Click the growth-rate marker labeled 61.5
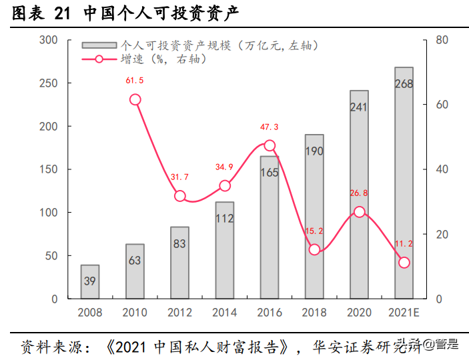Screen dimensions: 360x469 [x=135, y=99]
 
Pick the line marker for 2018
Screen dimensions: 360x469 [x=314, y=250]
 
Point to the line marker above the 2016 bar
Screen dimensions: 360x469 [x=270, y=145]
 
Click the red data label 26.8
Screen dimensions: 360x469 [x=359, y=193]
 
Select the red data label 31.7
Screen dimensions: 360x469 [x=180, y=177]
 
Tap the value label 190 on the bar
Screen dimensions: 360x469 [x=314, y=151]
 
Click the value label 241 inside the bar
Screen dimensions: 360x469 [x=359, y=107]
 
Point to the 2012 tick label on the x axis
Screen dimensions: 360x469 [x=180, y=311]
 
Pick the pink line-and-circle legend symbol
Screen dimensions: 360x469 [x=99, y=59]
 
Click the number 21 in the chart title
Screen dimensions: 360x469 [x=60, y=12]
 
